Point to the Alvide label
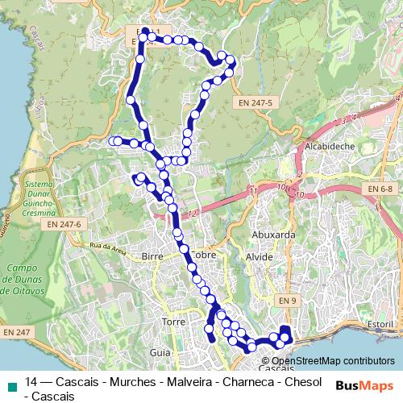click(259, 256)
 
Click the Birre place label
click(152, 256)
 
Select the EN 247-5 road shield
click(256, 103)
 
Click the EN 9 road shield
click(288, 300)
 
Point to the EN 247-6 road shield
click(64, 223)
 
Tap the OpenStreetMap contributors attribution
click(332, 361)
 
